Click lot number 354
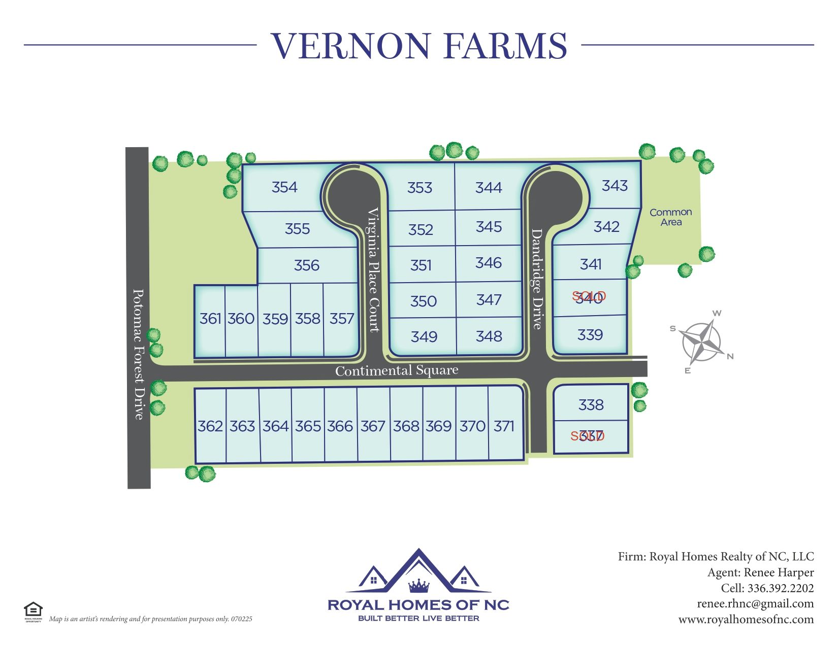(284, 187)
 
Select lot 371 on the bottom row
(504, 426)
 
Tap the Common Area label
(670, 217)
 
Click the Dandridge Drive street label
(537, 279)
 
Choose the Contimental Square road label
(397, 371)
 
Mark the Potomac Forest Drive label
(138, 354)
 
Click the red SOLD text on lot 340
(589, 296)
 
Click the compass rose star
(702, 342)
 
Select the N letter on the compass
(730, 356)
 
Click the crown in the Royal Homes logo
(419, 586)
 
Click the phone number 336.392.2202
(780, 588)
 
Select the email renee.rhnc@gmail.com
(755, 604)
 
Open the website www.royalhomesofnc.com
(746, 620)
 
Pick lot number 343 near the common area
(615, 186)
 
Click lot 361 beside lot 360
(210, 319)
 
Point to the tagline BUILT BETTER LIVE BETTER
(418, 618)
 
